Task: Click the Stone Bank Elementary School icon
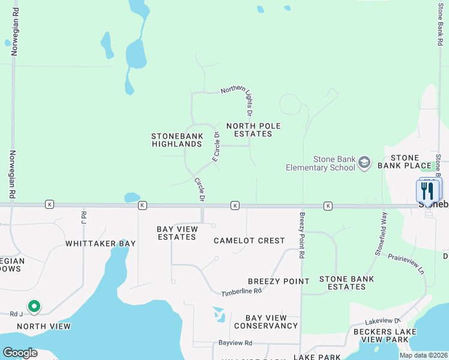(x=364, y=163)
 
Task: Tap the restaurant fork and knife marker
(x=428, y=190)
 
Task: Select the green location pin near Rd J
(x=34, y=307)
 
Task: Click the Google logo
(x=20, y=352)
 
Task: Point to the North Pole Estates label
(x=253, y=130)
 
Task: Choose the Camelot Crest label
(x=249, y=241)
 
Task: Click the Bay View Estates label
(x=176, y=233)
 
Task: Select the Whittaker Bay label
(x=100, y=244)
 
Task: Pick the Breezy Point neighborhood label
(x=279, y=281)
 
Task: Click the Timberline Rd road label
(x=241, y=291)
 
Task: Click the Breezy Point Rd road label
(x=303, y=235)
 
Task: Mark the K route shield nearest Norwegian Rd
(x=49, y=205)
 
